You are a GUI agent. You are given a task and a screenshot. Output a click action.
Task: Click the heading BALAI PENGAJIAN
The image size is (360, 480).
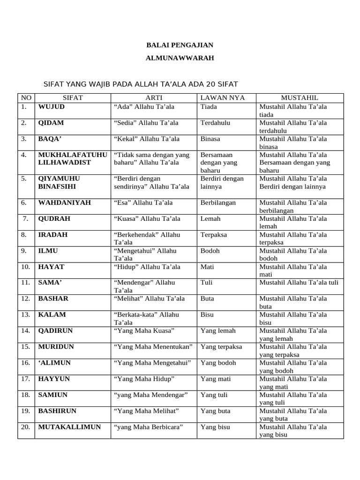tap(180, 45)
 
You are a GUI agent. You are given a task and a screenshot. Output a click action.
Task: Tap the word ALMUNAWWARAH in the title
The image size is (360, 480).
tap(180, 58)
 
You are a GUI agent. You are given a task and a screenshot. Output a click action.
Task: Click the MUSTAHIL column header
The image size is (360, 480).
tap(300, 98)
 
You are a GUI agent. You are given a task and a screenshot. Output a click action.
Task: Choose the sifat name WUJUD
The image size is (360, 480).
tap(52, 107)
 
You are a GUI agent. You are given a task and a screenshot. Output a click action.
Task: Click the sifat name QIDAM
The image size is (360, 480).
tap(51, 123)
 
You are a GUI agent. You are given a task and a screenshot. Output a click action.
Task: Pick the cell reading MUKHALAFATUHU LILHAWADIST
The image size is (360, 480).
tap(72, 158)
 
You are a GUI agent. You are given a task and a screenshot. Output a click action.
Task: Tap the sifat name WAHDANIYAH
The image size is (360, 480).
tap(64, 203)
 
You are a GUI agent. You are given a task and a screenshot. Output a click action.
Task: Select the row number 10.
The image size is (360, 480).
tap(25, 267)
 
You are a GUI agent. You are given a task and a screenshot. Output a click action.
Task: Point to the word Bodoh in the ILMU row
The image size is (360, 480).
tap(210, 251)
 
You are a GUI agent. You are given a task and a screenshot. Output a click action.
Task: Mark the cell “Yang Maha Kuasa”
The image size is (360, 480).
tap(144, 331)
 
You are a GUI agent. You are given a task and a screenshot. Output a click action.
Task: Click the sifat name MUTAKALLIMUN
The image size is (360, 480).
tap(69, 427)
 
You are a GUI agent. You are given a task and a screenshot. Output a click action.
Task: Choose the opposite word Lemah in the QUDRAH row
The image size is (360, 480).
tap(210, 219)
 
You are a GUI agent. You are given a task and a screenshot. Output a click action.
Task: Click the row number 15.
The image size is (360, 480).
tap(25, 347)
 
